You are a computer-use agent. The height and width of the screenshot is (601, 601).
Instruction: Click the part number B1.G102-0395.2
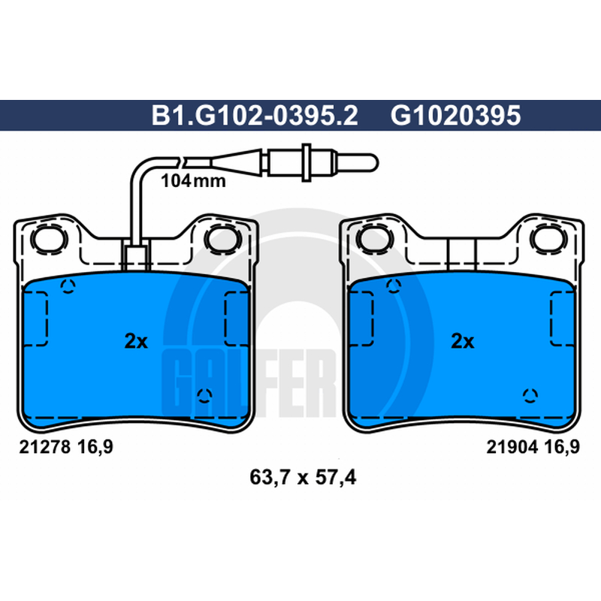255,115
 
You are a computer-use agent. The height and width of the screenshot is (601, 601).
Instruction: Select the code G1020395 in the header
456,115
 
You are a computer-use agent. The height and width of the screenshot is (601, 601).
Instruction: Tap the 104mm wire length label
193,180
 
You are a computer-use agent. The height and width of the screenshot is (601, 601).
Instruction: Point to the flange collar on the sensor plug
306,162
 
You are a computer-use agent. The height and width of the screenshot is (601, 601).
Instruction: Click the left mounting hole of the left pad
49,239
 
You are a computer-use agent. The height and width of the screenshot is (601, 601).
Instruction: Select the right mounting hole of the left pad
223,239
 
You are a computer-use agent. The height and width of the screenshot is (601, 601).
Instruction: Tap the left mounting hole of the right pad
375,239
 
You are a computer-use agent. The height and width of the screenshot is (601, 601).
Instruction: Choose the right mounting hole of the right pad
548,239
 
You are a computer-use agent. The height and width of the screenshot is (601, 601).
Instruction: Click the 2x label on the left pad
136,341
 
